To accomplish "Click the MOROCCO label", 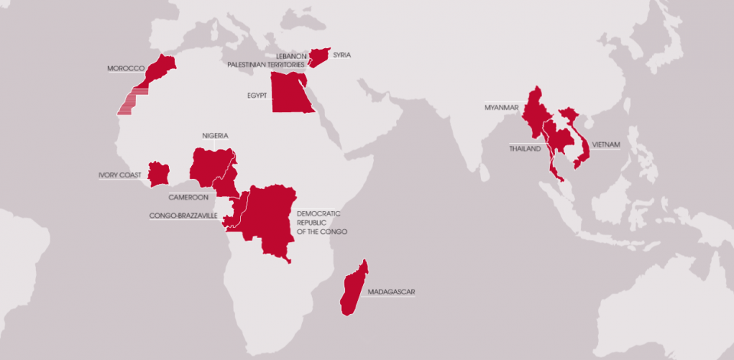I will pos(126,68).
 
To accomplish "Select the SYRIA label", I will pos(342,55).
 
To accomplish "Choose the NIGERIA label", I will pos(215,136).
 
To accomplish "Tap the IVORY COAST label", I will pos(119,175).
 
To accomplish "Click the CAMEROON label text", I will pos(188,196).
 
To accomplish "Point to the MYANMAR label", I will pos(502,107).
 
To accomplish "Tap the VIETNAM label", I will pos(606,144).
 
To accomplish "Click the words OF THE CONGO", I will pos(322,231).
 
